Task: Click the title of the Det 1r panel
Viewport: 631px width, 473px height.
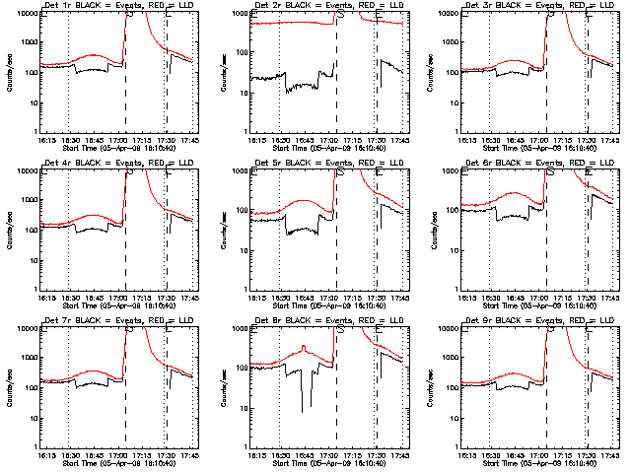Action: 109,7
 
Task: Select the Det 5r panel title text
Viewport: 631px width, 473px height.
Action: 319,165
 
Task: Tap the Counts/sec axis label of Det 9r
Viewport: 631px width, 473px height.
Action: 430,386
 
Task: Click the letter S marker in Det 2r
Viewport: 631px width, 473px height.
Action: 340,16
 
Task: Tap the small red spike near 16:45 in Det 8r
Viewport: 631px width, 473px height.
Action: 305,346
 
